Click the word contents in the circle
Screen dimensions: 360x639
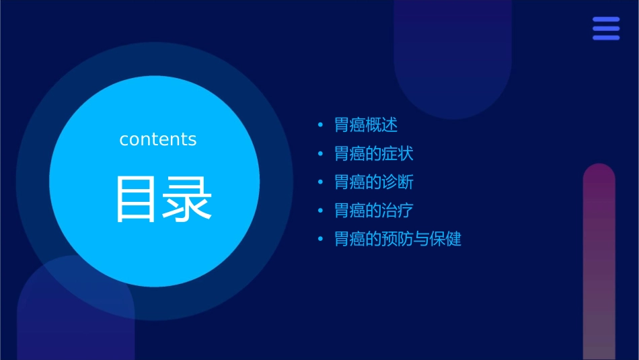coord(158,139)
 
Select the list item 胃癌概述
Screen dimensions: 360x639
coord(366,125)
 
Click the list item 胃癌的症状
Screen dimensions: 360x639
coord(373,153)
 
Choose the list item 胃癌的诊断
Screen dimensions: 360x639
coord(373,182)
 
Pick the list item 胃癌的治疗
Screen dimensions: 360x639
coord(373,211)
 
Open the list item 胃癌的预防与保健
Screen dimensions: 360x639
coord(398,239)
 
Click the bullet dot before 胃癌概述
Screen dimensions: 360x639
coord(320,125)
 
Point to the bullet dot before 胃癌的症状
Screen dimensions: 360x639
coord(320,154)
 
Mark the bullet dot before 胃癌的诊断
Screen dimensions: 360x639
coord(320,182)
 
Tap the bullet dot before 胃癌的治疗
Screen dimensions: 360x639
coord(320,211)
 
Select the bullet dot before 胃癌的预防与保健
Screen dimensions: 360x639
coord(320,239)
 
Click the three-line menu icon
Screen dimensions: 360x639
coord(606,28)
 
